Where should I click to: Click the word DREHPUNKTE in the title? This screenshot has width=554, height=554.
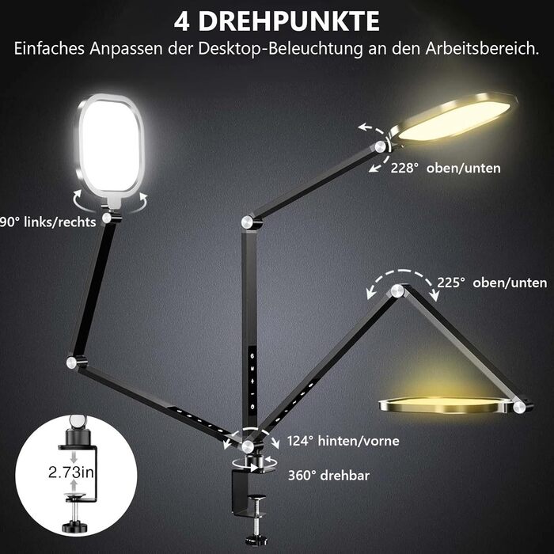coord(289,22)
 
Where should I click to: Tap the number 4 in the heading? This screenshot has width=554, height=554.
coord(181,22)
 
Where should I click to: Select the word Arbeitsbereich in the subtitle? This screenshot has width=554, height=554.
coord(482,48)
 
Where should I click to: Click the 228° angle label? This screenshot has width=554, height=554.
coord(402,168)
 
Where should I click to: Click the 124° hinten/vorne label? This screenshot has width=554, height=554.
coord(343,441)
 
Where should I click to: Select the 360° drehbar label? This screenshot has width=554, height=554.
coord(328,476)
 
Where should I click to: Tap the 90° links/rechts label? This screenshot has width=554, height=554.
coord(47,222)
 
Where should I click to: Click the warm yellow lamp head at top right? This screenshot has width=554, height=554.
coord(452,119)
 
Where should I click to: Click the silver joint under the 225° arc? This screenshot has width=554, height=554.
coord(397,290)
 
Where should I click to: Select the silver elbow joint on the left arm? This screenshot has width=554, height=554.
coord(72,362)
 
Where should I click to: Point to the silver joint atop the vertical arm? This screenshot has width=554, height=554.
coord(247,222)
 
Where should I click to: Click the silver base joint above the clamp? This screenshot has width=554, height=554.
coord(248,446)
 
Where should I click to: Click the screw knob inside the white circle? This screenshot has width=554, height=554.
coord(74,526)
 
